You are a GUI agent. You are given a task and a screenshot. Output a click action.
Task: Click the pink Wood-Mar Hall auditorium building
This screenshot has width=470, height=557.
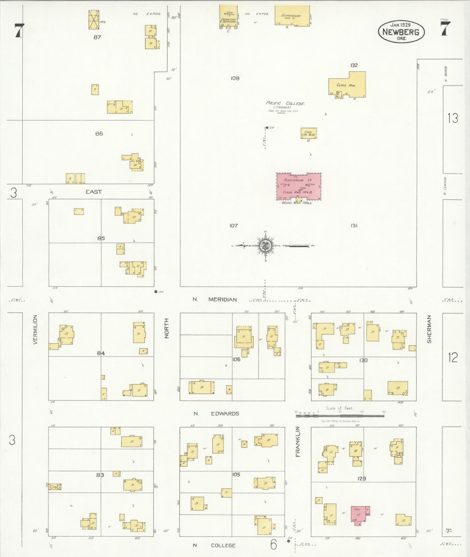click(x=299, y=186)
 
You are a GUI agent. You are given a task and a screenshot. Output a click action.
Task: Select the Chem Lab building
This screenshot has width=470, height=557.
click(x=309, y=133)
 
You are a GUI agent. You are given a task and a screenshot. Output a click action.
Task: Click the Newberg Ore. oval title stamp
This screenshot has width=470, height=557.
click(x=401, y=32)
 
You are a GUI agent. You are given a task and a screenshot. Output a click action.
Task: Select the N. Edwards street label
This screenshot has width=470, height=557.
click(x=216, y=413)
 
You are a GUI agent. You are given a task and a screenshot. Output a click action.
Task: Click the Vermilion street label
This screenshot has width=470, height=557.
click(x=36, y=330)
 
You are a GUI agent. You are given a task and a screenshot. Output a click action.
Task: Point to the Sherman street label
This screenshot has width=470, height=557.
click(x=429, y=329)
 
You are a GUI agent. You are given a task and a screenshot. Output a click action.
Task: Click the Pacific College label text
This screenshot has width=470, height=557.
click(x=285, y=103)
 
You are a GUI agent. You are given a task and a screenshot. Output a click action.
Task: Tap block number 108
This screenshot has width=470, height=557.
click(x=235, y=78)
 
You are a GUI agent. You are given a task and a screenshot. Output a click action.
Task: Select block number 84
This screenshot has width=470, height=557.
click(x=101, y=353)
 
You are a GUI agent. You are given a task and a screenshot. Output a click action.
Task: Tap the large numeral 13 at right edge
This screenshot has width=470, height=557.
click(x=453, y=119)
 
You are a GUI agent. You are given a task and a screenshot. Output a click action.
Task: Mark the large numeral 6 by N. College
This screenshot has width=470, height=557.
click(x=273, y=544)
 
